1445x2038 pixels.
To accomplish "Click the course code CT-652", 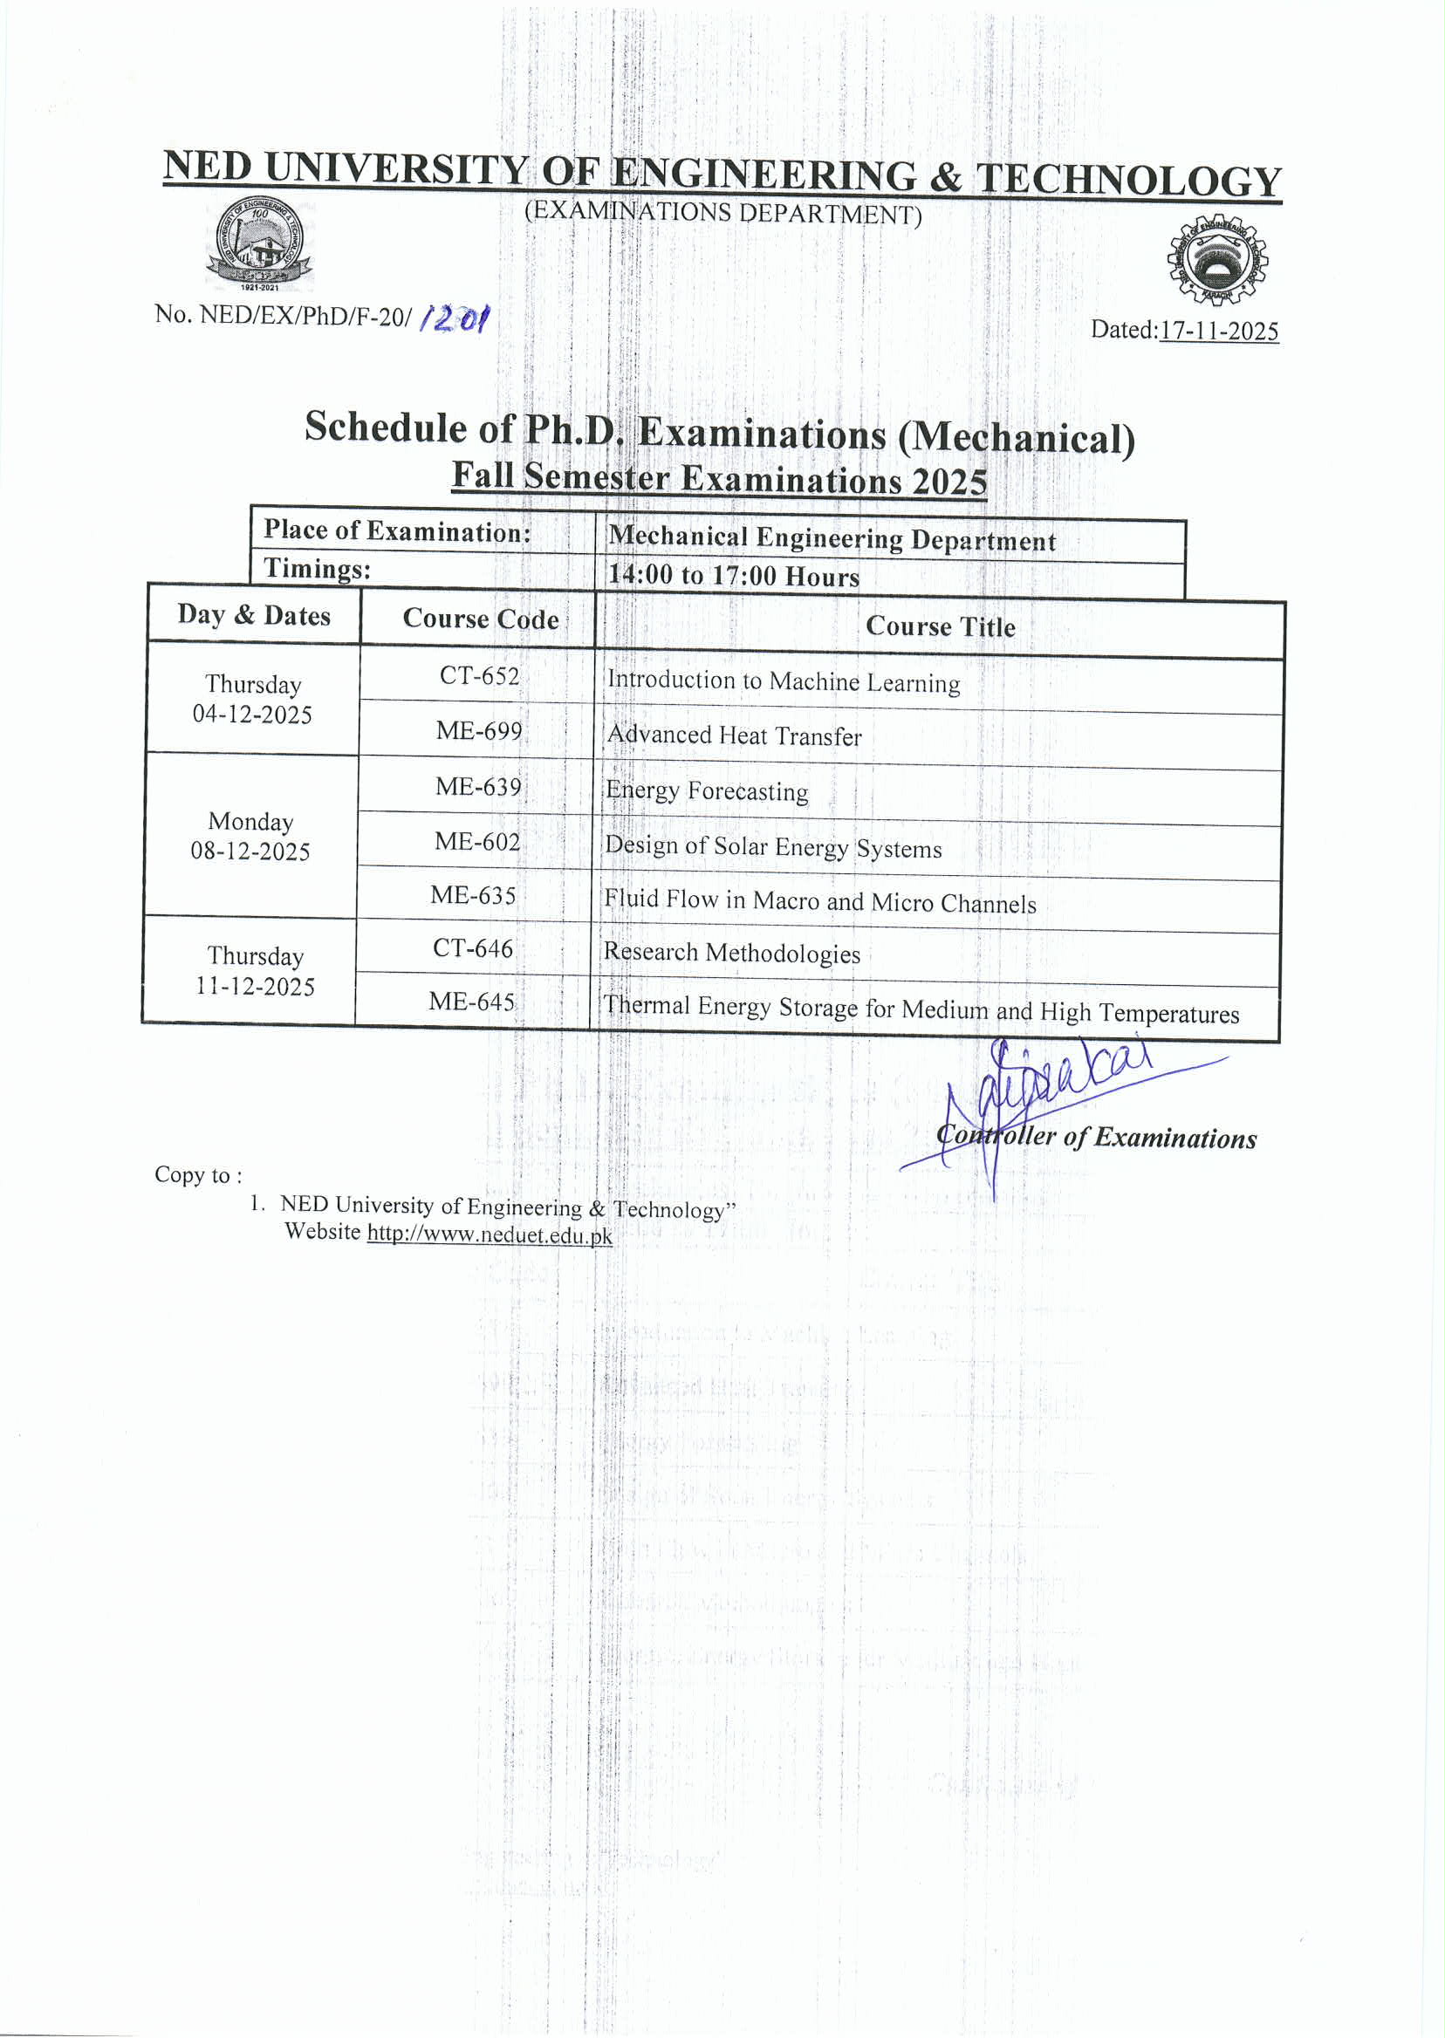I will tap(479, 676).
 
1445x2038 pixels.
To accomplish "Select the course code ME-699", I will tap(479, 731).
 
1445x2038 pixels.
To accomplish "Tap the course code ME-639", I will tap(478, 786).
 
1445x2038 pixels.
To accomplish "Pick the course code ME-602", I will tap(477, 841).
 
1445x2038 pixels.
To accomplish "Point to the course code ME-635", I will tap(473, 895).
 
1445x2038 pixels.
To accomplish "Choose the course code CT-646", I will tap(472, 948).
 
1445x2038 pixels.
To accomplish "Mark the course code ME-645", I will tap(471, 1002).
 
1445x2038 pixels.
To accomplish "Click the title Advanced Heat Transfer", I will tap(734, 735).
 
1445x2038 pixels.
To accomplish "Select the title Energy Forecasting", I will tap(707, 790).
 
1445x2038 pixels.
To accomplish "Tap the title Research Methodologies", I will tap(731, 953).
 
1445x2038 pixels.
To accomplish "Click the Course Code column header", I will tap(481, 619).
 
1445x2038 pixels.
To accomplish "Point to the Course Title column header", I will tap(941, 627).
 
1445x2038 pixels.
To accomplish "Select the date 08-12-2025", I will tap(250, 851).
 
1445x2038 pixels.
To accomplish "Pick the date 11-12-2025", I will tap(256, 987).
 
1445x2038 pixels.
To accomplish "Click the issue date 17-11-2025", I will tap(1219, 331).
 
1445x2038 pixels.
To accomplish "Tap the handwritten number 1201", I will tap(454, 318).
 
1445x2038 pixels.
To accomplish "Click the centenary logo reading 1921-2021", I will tap(259, 243).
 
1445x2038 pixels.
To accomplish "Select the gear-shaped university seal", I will tap(1217, 260).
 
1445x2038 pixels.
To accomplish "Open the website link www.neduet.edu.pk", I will tap(490, 1234).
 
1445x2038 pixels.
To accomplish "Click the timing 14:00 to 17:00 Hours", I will tap(734, 576).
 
